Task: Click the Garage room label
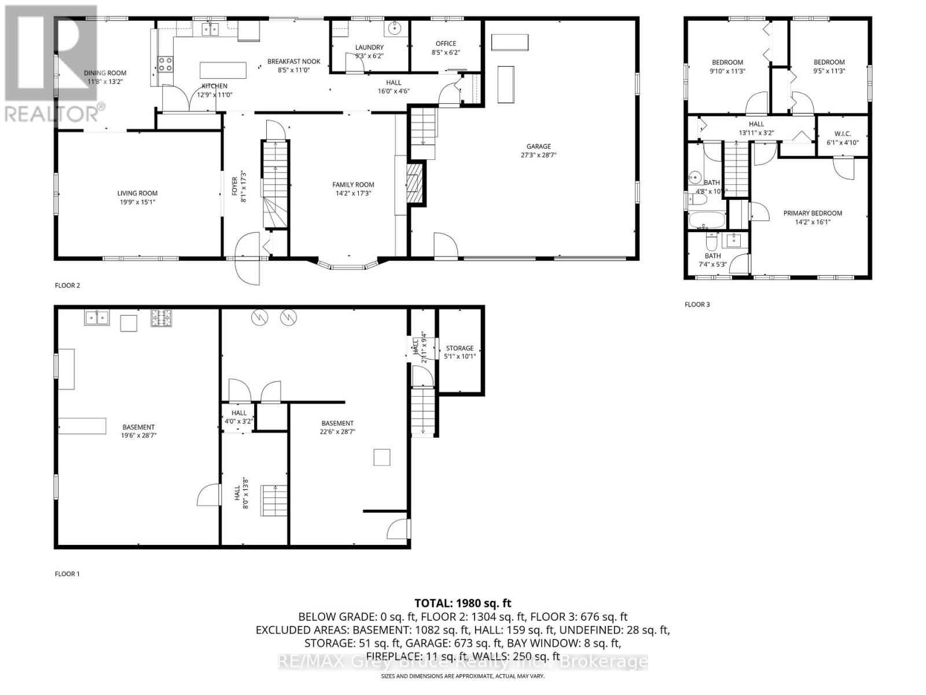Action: pyautogui.click(x=538, y=147)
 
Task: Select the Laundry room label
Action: pyautogui.click(x=369, y=47)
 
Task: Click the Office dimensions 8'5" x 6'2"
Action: pyautogui.click(x=446, y=53)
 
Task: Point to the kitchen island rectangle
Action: pyautogui.click(x=223, y=70)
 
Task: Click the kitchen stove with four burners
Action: pyautogui.click(x=165, y=64)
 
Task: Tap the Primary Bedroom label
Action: pyautogui.click(x=813, y=213)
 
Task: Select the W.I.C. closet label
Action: pyautogui.click(x=842, y=134)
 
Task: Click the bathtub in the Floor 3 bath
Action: pyautogui.click(x=705, y=220)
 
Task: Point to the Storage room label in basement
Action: pyautogui.click(x=460, y=348)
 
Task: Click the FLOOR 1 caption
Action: pyautogui.click(x=67, y=574)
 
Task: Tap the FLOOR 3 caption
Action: pyautogui.click(x=697, y=305)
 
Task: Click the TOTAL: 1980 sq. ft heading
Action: pyautogui.click(x=462, y=603)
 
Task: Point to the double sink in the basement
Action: pyautogui.click(x=97, y=317)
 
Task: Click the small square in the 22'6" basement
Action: pyautogui.click(x=381, y=457)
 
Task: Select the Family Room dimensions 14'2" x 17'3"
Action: pyautogui.click(x=353, y=193)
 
